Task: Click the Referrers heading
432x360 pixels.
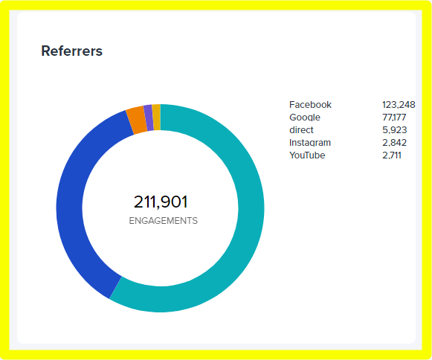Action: tap(71, 51)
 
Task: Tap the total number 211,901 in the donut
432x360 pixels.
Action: tap(161, 202)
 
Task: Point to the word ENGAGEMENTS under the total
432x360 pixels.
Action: tap(163, 221)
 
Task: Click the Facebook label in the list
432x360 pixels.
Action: tap(310, 105)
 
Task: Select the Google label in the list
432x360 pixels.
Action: tap(305, 118)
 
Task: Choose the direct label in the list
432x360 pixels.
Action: tap(301, 130)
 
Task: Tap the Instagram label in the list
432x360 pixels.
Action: tap(310, 143)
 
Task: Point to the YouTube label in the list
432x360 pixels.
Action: tap(307, 155)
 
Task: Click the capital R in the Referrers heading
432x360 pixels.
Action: tap(45, 51)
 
